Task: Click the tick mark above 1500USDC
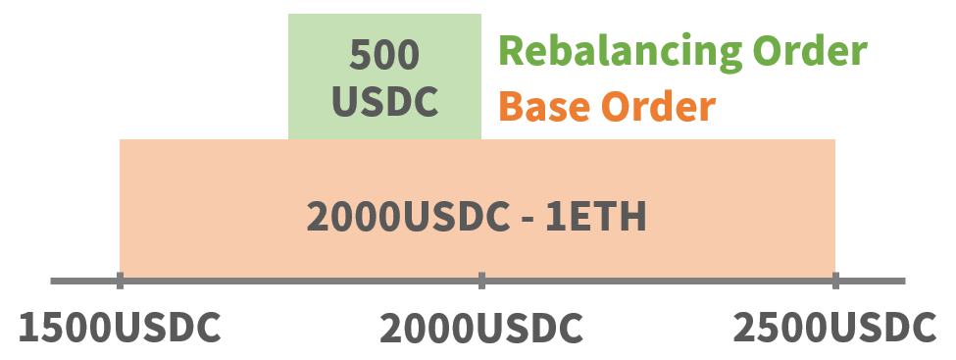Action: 120,282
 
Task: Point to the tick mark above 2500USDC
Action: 835,282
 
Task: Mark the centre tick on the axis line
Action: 481,282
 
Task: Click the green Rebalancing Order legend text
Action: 682,50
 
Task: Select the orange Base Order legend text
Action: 607,106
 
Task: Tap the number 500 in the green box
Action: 384,55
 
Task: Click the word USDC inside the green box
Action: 384,101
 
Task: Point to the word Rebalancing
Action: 617,50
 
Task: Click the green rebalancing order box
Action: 384,77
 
